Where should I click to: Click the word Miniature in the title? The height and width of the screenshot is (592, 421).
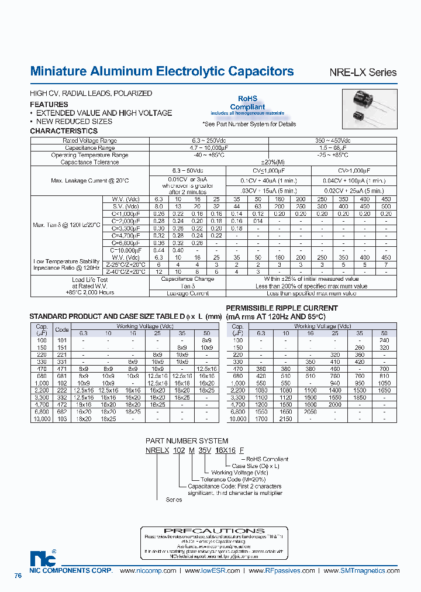58,71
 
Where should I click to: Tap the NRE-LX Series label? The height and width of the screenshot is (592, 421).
363,73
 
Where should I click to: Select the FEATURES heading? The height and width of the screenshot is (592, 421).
49,104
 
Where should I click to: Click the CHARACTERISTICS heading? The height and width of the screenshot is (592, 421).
64,131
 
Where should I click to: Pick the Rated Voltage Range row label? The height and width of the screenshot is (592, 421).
89,141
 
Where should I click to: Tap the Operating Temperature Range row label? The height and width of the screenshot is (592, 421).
89,155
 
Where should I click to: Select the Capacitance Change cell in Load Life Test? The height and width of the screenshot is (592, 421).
188,279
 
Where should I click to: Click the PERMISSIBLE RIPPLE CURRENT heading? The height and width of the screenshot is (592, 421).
281,308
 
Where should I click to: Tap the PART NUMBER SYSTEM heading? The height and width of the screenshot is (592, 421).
187,440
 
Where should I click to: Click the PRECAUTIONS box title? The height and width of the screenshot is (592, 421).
215,531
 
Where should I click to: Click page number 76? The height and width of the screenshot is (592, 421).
18,576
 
